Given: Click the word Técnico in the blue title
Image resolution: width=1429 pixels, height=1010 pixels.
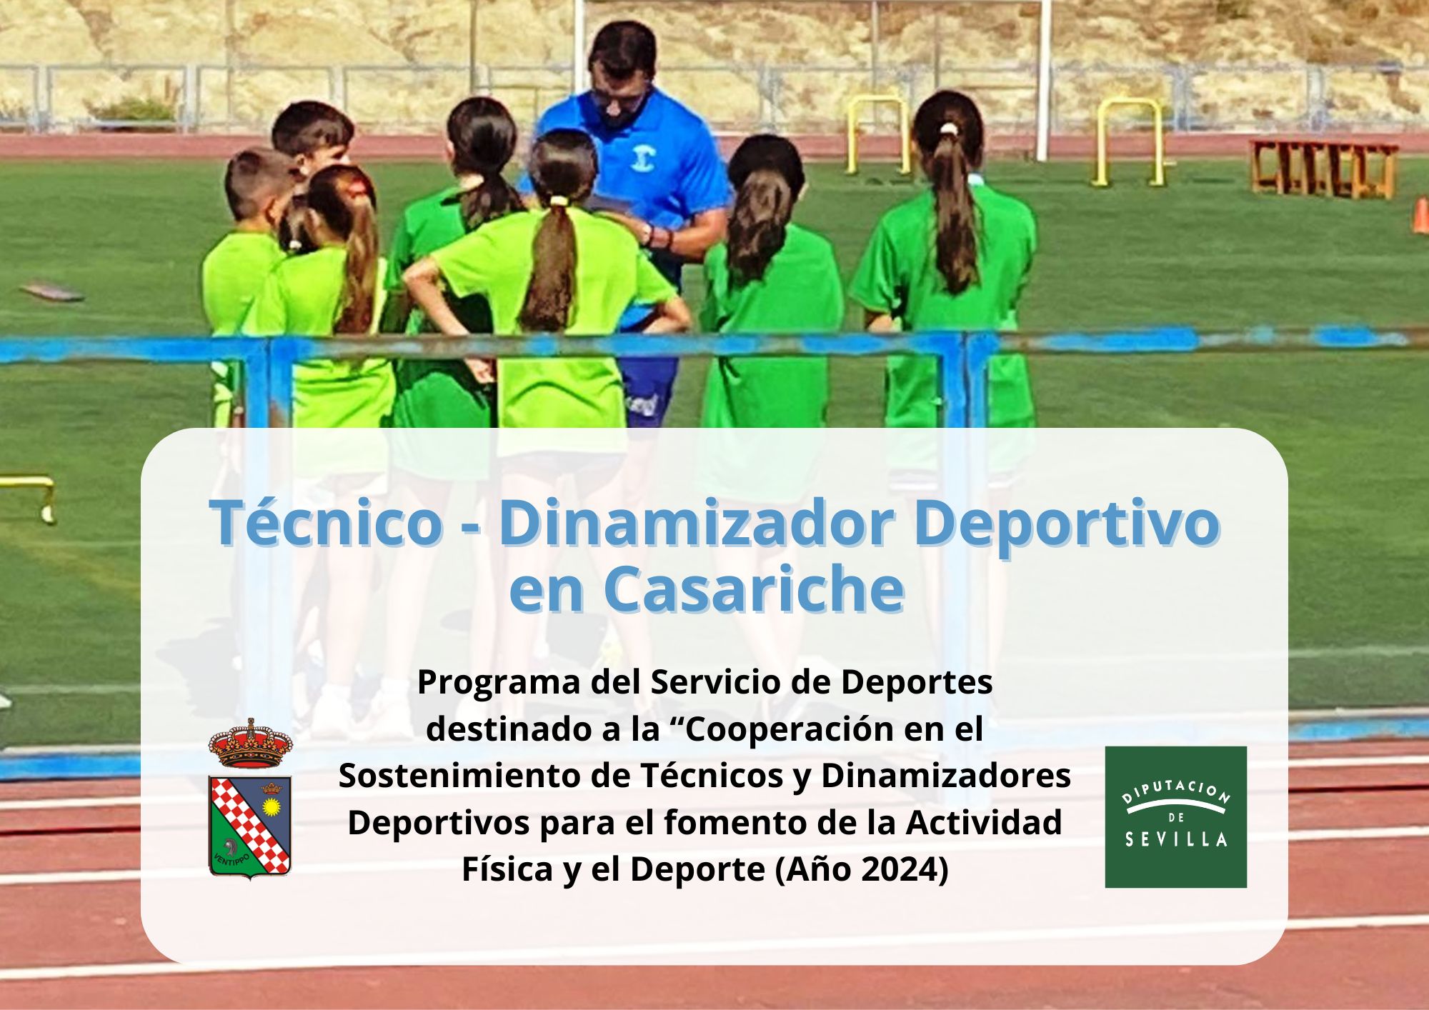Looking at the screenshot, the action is [x=326, y=522].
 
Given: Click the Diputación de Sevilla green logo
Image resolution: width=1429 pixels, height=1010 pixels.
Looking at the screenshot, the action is [x=1175, y=817].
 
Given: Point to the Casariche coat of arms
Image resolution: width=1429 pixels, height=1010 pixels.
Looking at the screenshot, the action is [x=250, y=798].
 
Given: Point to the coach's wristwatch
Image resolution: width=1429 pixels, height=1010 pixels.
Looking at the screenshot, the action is [x=647, y=234].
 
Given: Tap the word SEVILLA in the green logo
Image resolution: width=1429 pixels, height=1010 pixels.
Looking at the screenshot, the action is [x=1176, y=839].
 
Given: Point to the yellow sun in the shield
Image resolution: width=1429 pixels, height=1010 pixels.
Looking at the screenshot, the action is [x=271, y=808].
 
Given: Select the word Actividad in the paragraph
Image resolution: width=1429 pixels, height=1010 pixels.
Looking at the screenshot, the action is [x=984, y=823].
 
